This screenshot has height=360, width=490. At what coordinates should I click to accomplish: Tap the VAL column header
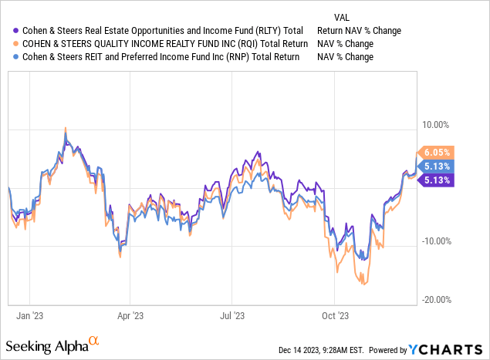[x=343, y=16]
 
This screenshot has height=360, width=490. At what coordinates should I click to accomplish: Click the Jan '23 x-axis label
[x=29, y=315]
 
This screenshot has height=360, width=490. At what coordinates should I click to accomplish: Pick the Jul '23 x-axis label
[x=232, y=315]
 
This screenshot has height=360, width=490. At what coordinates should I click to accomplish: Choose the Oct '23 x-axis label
[x=334, y=315]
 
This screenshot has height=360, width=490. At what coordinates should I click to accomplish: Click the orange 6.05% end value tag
[x=435, y=153]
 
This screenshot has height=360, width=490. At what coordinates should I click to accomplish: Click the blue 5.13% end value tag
[x=435, y=167]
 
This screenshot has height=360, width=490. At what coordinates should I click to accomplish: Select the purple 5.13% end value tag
[x=435, y=180]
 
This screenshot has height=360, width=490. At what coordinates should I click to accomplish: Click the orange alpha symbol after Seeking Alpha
[x=93, y=339]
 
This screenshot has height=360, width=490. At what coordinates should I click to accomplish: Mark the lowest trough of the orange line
[x=364, y=284]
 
